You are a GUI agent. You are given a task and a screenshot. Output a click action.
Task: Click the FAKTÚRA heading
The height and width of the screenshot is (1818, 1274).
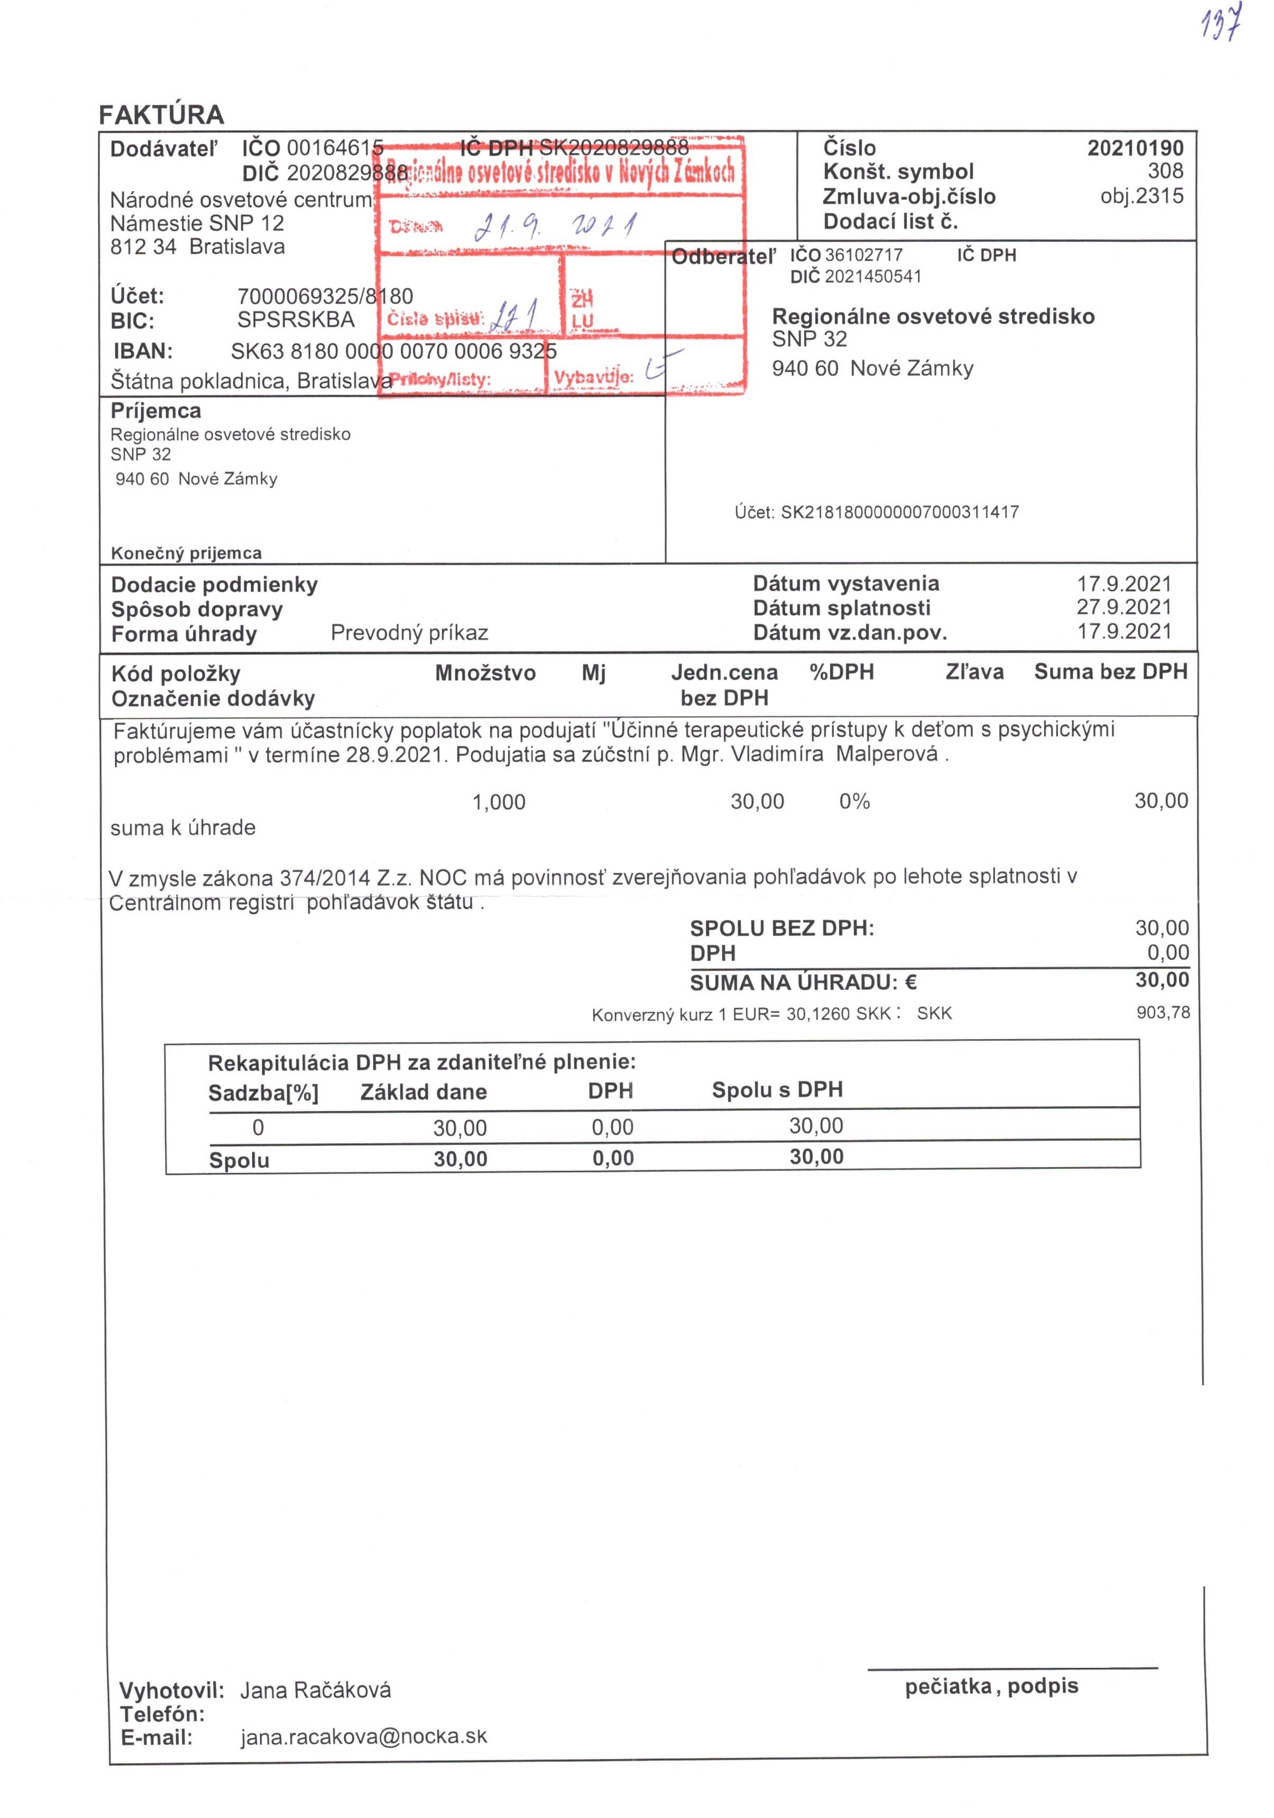[161, 115]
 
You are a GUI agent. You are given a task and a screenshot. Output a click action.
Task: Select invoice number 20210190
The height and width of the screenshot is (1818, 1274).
[1134, 148]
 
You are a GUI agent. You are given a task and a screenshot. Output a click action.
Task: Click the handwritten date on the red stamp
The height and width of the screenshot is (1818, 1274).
[554, 227]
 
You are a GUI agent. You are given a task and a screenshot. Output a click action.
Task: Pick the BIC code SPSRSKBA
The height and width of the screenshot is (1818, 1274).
[295, 320]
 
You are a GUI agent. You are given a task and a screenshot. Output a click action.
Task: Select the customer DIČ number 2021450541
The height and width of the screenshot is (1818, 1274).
[873, 276]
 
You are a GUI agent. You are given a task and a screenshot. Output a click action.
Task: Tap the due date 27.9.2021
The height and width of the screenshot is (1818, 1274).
[1123, 607]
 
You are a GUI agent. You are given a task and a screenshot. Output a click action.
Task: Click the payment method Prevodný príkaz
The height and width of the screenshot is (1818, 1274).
[409, 633]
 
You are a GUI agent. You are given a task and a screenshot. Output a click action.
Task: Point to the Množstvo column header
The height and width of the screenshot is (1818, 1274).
[484, 673]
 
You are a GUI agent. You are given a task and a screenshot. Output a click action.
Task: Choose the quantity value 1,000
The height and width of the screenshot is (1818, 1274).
[499, 802]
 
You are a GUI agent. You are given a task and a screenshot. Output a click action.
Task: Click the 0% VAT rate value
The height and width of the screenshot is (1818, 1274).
[854, 801]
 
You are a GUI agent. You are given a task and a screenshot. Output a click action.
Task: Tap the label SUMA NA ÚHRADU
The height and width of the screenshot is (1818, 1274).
[803, 983]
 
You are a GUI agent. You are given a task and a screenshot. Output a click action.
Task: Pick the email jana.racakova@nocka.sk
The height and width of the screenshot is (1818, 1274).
[363, 1737]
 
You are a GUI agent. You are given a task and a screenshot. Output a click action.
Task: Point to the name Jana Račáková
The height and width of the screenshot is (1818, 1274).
[315, 1691]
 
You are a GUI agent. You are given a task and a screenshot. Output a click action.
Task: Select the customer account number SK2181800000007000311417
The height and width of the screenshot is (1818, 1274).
[900, 513]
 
